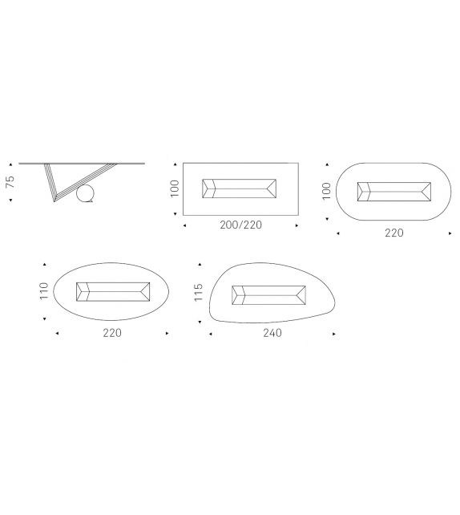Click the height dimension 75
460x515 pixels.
point(10,181)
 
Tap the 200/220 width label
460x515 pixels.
point(241,225)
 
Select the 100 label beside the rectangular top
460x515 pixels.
point(175,189)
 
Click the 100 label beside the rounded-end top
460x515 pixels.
point(326,191)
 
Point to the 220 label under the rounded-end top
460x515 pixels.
point(394,233)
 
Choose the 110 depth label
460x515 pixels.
point(43,290)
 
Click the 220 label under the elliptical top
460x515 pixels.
point(112,333)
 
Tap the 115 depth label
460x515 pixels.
point(199,292)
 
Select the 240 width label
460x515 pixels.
point(272,333)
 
